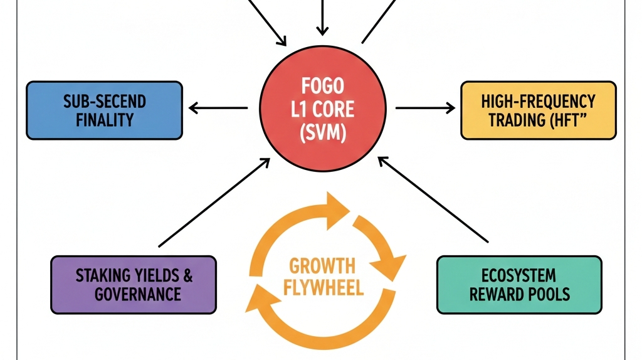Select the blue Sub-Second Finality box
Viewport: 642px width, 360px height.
104,110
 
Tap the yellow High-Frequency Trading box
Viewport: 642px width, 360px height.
538,110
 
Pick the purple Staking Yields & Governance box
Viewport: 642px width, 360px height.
134,284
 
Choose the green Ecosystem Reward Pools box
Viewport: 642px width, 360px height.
518,284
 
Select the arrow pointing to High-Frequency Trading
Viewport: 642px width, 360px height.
425,109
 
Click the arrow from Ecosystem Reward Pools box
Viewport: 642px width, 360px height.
433,200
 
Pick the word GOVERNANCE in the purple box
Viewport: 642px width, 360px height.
137,294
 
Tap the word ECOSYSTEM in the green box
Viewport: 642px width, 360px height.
519,275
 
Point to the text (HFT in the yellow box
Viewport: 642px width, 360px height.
564,120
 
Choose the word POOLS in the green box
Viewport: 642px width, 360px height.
550,294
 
